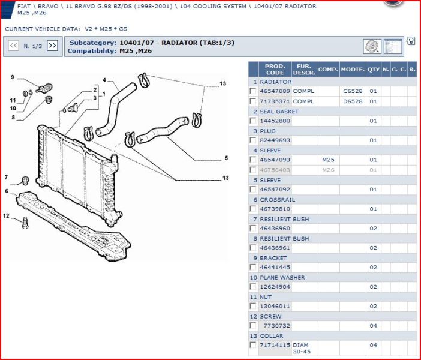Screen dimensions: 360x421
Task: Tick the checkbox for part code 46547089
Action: click(253, 91)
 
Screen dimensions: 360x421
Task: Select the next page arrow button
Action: click(52, 46)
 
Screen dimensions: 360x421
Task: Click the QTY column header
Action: click(373, 70)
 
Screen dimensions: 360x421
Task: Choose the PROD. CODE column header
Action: click(275, 70)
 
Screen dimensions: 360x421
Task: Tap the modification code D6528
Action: click(353, 101)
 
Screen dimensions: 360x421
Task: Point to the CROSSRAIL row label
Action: click(277, 199)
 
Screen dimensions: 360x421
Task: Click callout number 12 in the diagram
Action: click(7, 216)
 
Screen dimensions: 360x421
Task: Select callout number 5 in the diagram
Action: click(226, 158)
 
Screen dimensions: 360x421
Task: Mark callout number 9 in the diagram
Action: click(12, 77)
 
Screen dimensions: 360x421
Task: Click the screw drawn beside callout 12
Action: click(24, 223)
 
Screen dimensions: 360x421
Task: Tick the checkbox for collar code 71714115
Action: click(253, 345)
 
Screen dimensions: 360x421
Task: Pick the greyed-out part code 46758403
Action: click(275, 170)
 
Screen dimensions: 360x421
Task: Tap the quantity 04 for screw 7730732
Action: click(373, 326)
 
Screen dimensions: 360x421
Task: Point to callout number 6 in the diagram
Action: click(7, 191)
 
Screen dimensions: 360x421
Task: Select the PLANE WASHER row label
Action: click(282, 278)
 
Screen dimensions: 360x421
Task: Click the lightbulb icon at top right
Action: click(411, 41)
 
